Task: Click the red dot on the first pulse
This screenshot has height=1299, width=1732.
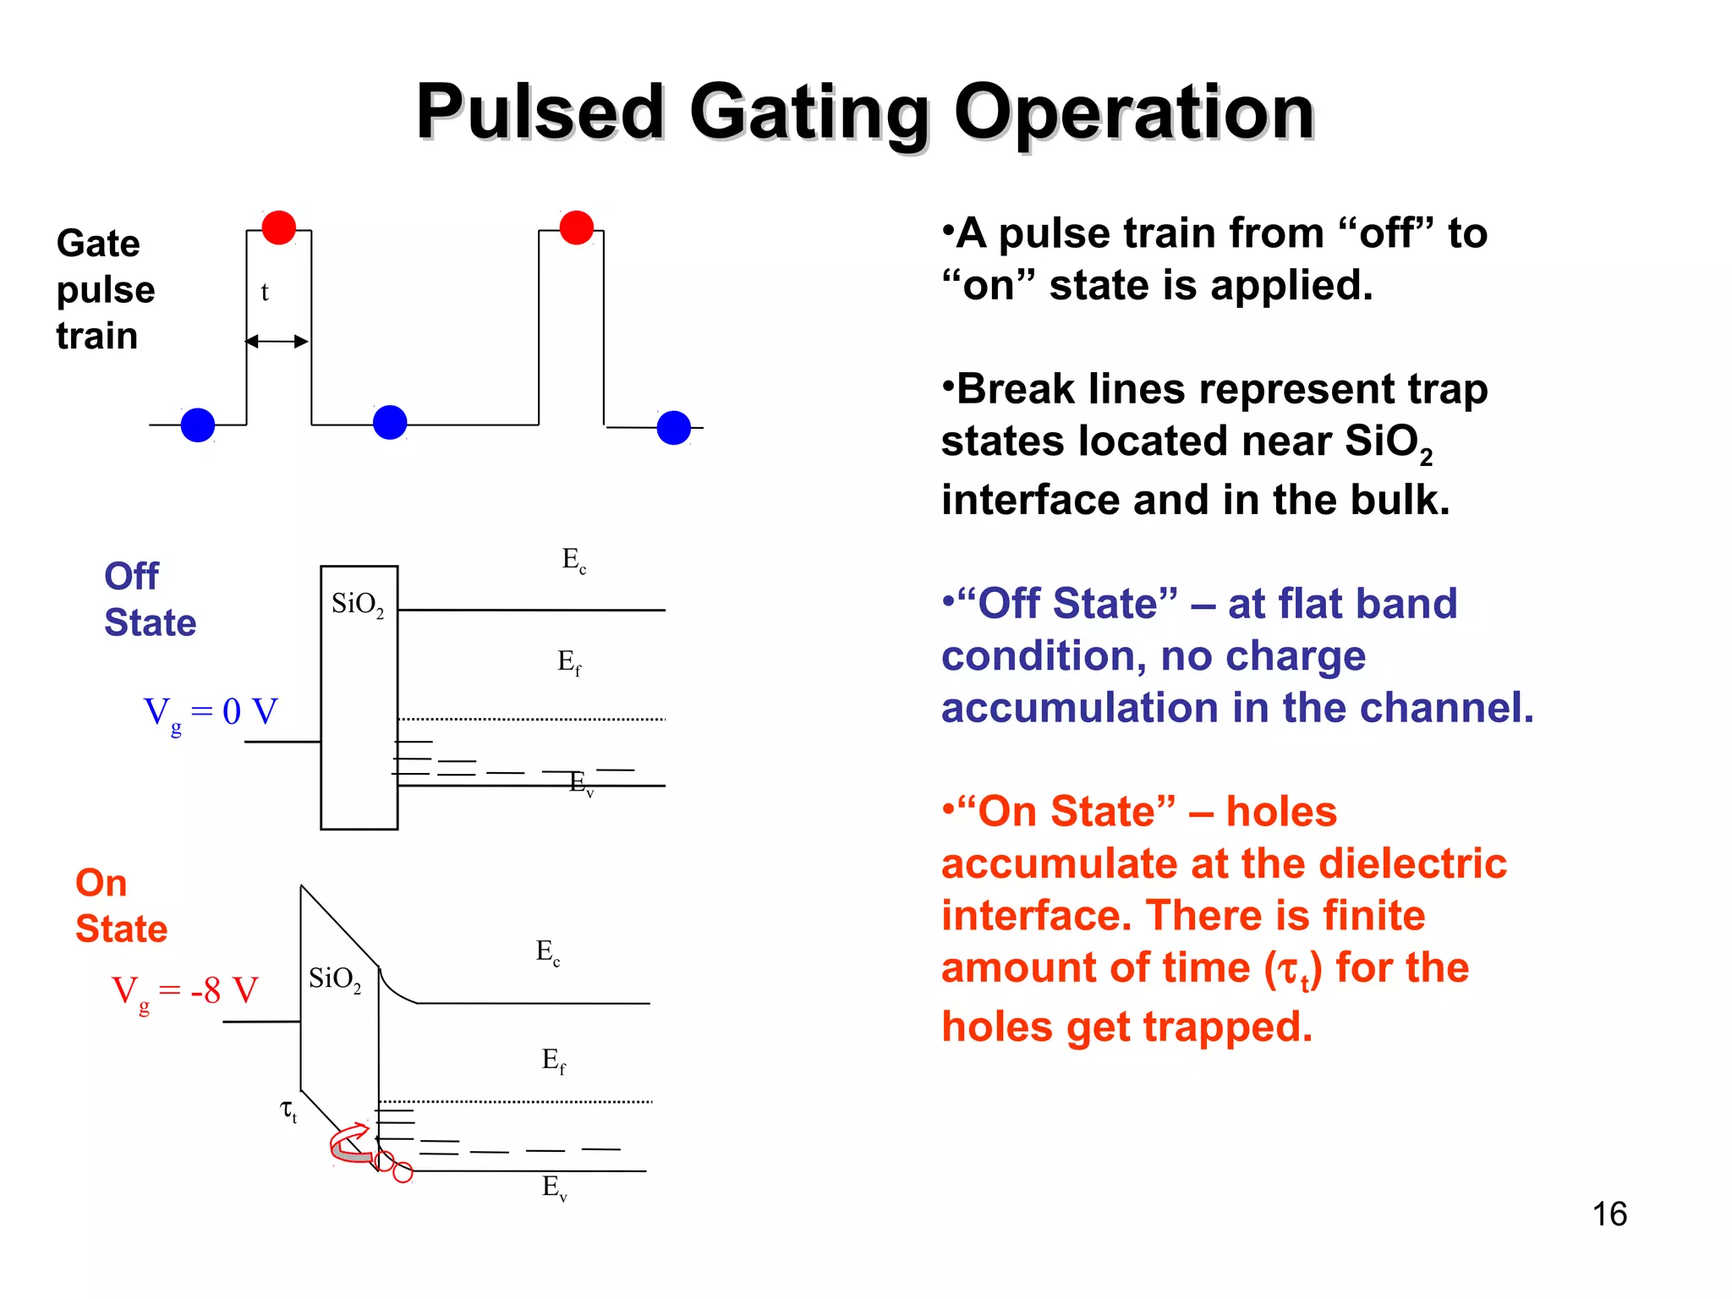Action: click(x=279, y=227)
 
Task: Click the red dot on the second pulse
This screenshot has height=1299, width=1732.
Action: click(x=577, y=227)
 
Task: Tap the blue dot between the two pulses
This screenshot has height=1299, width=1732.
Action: click(x=390, y=422)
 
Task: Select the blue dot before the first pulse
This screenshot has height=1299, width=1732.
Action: click(x=198, y=425)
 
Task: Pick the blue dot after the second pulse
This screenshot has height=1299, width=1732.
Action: click(x=674, y=428)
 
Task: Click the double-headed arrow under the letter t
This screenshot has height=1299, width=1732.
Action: click(x=277, y=342)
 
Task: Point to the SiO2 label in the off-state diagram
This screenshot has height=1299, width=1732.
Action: click(x=358, y=605)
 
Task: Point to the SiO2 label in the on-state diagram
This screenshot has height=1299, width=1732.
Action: click(x=335, y=979)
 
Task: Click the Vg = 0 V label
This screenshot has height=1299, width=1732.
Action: click(x=211, y=713)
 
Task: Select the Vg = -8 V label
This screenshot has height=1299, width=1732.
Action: click(x=185, y=991)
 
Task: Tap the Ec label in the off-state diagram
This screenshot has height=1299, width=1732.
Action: click(x=574, y=560)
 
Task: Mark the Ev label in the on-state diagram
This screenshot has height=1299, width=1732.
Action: click(x=555, y=1187)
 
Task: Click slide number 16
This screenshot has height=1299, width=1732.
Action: click(x=1609, y=1214)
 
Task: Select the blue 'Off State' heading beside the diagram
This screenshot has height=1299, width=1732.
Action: click(x=150, y=599)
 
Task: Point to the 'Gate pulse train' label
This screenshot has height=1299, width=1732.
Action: click(x=106, y=289)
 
